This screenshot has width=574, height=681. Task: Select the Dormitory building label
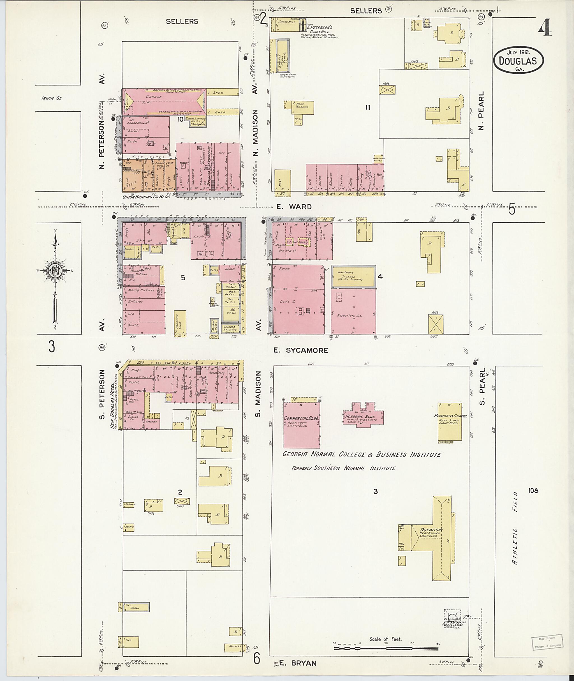[431, 530]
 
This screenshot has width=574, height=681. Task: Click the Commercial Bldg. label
[301, 418]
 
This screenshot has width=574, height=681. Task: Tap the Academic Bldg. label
[363, 417]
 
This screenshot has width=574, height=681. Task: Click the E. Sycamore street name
[300, 350]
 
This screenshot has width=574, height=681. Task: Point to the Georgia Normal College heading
[362, 454]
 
